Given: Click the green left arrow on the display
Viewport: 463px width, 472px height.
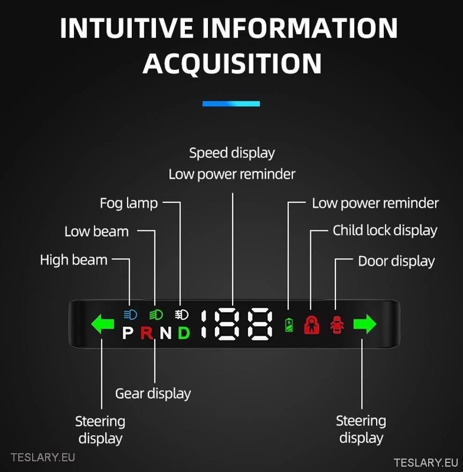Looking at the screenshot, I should (103, 325).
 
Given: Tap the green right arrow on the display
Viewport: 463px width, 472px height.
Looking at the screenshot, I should (365, 325).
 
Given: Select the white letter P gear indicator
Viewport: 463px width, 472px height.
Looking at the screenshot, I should (128, 333).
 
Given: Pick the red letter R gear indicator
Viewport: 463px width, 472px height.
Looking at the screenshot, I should (147, 333).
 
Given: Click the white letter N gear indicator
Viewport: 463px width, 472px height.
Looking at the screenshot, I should (166, 333).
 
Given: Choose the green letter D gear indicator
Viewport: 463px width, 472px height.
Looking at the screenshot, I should (184, 333).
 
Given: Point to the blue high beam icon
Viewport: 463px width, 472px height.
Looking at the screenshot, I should (130, 314).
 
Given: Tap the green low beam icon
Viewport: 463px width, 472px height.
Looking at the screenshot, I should (156, 314).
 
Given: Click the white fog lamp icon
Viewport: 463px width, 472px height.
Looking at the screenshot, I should (181, 314).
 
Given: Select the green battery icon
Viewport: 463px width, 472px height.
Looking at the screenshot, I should (289, 325).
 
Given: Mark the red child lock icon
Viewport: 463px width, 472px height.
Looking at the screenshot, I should (311, 325).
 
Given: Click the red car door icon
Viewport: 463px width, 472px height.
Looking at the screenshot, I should (337, 325).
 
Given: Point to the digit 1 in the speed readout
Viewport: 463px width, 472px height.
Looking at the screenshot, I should (204, 324).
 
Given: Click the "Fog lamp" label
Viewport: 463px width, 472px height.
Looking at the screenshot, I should (129, 204).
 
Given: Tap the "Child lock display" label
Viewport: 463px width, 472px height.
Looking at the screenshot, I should (385, 230).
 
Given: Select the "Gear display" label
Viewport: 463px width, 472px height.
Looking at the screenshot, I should (153, 394).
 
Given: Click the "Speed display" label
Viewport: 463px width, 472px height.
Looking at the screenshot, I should (231, 153).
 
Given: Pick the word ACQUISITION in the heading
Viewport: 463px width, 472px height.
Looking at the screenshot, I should (232, 64).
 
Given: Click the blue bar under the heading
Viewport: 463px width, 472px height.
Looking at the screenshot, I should (231, 104).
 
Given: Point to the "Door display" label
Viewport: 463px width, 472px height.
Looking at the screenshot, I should (396, 262).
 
